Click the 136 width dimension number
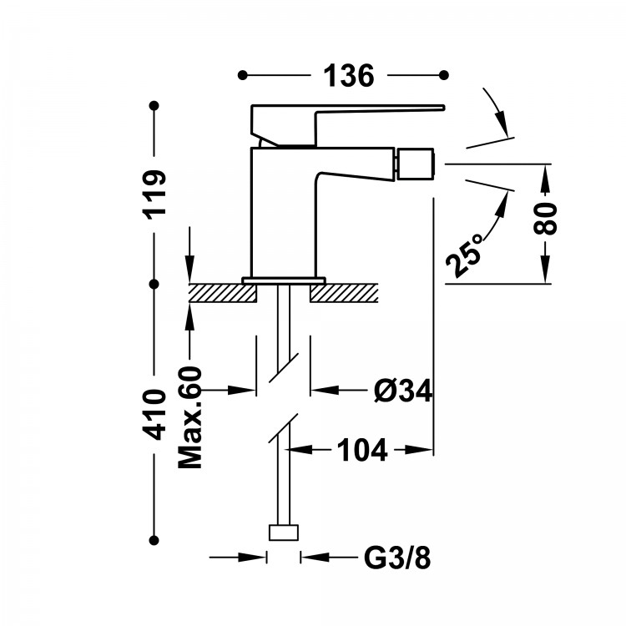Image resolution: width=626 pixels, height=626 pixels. [349, 75]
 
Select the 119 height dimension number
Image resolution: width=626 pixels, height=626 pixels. [155, 194]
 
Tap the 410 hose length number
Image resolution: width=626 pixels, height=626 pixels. [155, 414]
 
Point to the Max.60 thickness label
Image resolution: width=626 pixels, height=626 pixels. [190, 417]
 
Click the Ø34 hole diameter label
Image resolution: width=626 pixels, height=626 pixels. [403, 390]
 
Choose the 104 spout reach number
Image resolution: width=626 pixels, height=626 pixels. [362, 450]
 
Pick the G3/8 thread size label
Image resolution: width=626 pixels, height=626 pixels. [397, 558]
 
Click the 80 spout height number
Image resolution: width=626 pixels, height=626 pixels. [545, 219]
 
